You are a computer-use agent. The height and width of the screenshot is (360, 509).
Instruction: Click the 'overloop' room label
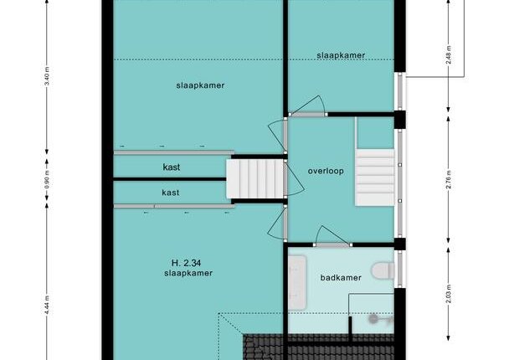coord(326,171)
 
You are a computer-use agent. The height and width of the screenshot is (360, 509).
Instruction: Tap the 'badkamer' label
coord(341,278)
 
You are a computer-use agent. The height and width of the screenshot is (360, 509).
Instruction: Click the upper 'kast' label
coord(172,167)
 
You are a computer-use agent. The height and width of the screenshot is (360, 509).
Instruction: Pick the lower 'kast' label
coord(171,193)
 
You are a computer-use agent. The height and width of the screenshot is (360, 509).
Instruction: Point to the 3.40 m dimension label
coord(47,77)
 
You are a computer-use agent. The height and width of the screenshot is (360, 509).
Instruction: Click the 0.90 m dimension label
coord(47,183)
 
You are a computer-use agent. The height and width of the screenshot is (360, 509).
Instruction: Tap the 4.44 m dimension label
coord(47,305)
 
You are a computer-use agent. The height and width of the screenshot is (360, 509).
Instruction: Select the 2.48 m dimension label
coord(449,55)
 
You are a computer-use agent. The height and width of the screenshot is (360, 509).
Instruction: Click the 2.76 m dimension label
coord(449,179)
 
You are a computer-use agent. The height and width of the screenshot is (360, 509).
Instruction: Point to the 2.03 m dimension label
coord(449,294)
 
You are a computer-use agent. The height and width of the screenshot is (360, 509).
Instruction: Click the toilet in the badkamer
coord(383,270)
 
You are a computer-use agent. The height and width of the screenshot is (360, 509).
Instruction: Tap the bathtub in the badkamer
coord(297,282)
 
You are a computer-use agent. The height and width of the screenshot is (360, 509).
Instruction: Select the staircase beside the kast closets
coord(254,178)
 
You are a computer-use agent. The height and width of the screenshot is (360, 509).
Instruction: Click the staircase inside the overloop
coord(375,177)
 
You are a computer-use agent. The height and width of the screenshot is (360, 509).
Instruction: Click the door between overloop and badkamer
coord(332,236)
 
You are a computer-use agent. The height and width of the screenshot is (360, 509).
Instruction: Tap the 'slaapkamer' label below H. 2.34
coord(188,273)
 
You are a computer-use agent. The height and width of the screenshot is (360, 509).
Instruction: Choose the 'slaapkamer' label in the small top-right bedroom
coord(341,55)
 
